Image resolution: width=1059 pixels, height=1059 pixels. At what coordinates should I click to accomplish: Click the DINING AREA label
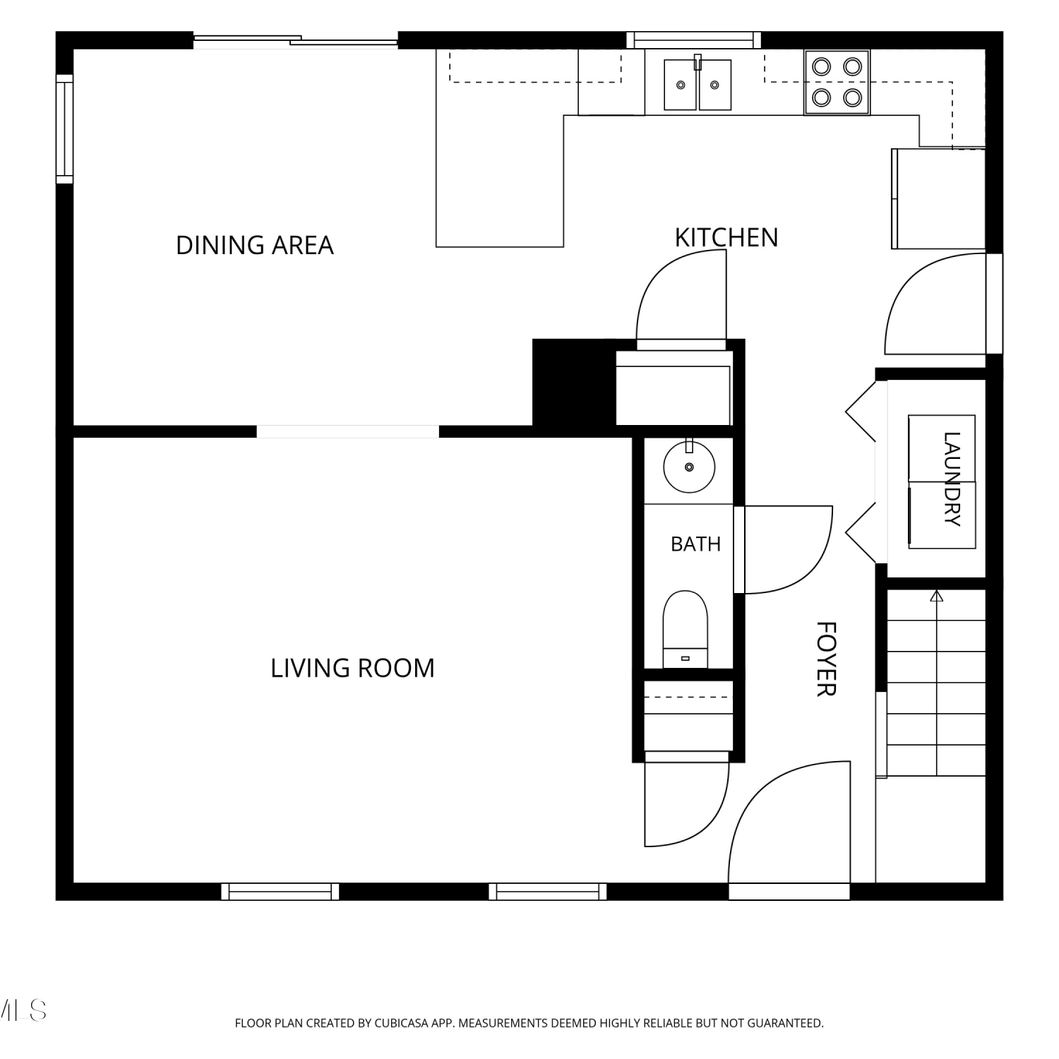(x=254, y=245)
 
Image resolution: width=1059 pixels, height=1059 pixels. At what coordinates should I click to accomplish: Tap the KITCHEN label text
(x=726, y=237)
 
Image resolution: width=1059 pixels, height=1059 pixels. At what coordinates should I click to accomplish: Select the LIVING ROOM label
(x=352, y=668)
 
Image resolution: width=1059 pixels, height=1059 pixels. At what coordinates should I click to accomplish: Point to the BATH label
(x=695, y=544)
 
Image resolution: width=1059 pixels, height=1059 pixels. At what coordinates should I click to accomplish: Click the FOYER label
(x=826, y=659)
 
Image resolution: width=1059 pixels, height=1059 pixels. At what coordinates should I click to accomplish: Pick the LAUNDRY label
(x=952, y=479)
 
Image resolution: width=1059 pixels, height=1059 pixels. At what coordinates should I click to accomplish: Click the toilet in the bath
(x=685, y=629)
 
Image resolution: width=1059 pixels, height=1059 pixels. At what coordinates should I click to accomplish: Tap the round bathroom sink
(x=689, y=465)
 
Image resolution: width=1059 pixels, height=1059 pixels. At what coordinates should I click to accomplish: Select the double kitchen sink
(x=698, y=84)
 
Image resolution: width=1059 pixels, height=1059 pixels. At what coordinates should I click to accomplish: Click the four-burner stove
(x=837, y=82)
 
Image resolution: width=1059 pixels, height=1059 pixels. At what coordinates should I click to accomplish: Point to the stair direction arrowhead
(x=937, y=596)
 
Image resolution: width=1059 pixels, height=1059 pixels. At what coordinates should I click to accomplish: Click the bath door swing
(x=784, y=550)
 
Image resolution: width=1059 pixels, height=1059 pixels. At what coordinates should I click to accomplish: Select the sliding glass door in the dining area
(x=296, y=41)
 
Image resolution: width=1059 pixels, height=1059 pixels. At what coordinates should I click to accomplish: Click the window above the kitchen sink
(x=694, y=40)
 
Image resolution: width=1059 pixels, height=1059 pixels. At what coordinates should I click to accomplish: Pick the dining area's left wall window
(x=64, y=128)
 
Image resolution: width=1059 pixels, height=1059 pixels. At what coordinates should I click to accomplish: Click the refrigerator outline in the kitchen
(x=938, y=198)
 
